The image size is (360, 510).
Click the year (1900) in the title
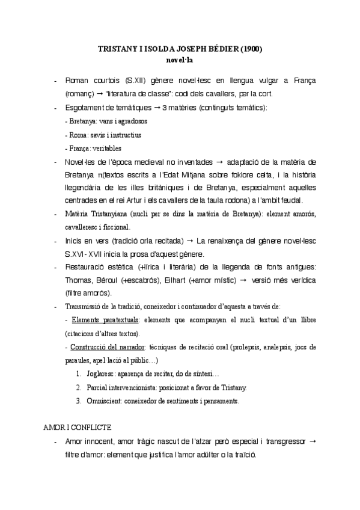coord(251,50)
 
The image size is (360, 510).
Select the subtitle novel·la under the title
coord(180,60)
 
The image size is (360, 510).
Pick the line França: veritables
coord(93,148)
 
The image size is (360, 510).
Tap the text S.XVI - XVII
coord(84,253)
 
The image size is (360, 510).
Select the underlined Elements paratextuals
coord(100,319)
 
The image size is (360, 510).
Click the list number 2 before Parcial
coord(79,387)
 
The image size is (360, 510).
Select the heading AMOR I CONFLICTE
coord(76,428)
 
